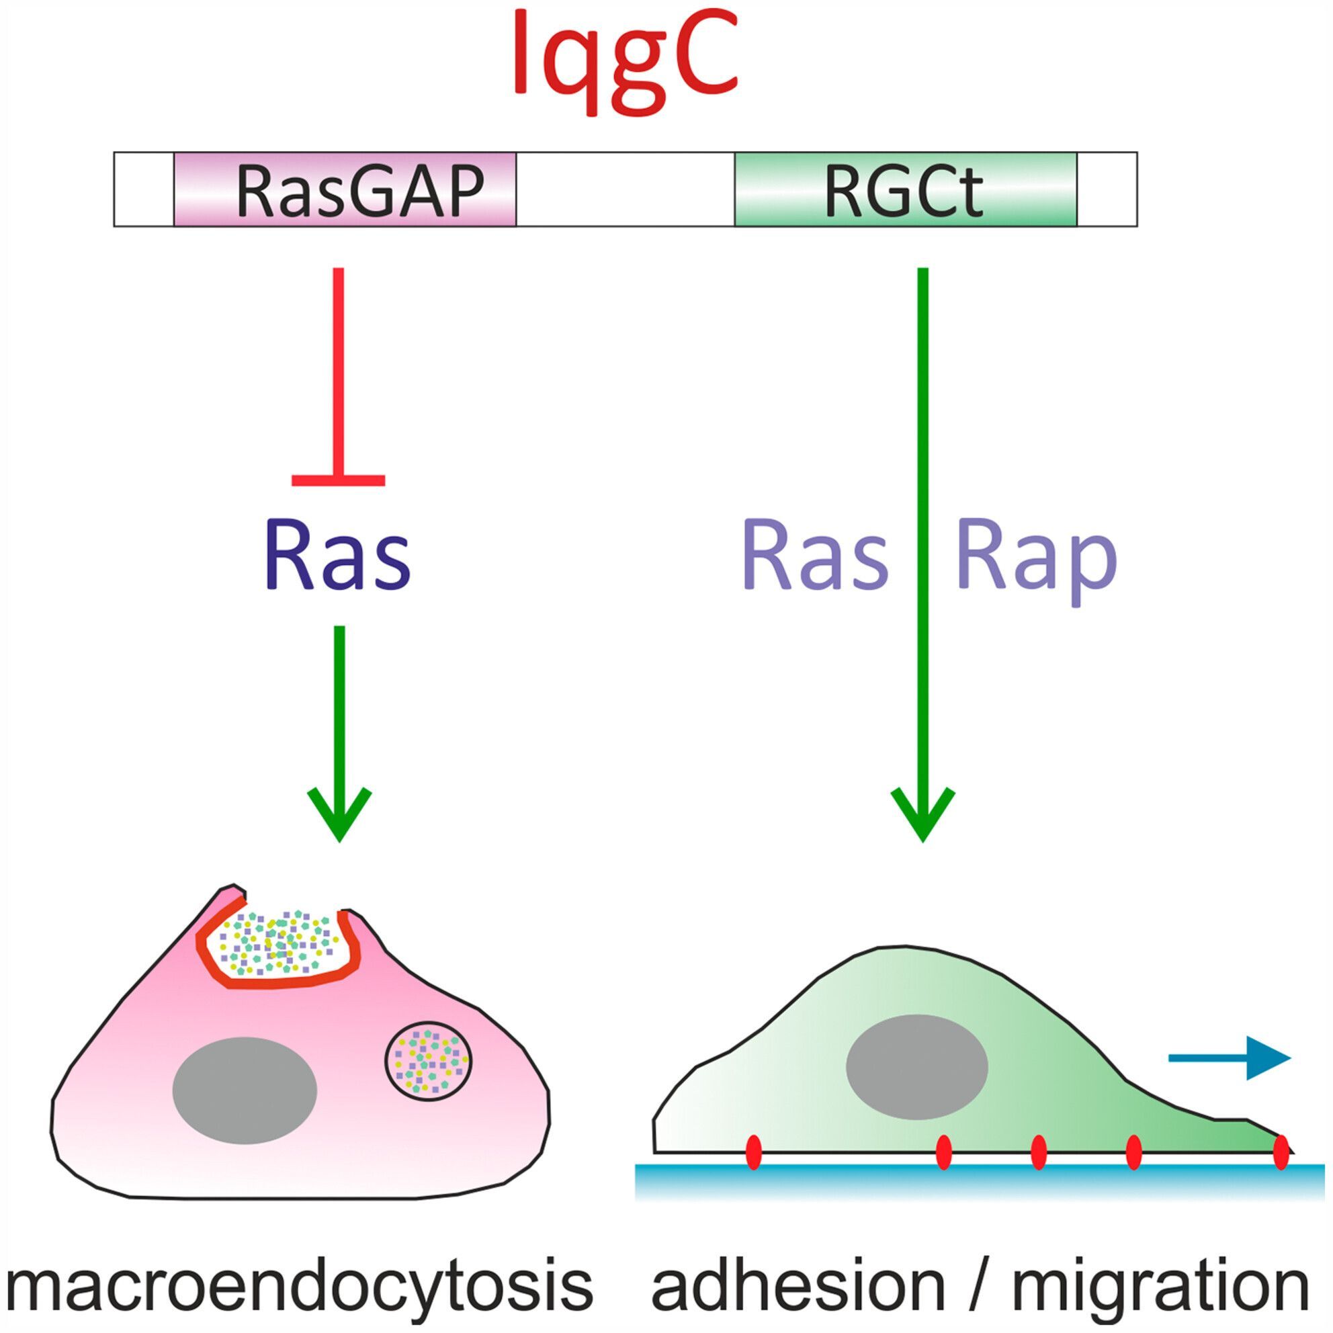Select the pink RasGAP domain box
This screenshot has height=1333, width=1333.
coord(345,189)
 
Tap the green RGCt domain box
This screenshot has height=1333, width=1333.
coord(904,189)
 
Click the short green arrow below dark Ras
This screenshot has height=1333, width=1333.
coord(339,732)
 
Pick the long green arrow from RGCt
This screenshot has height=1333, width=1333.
coord(922,552)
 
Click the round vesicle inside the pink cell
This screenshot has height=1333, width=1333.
coord(429,1062)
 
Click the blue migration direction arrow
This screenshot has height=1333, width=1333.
coord(1229,1058)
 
